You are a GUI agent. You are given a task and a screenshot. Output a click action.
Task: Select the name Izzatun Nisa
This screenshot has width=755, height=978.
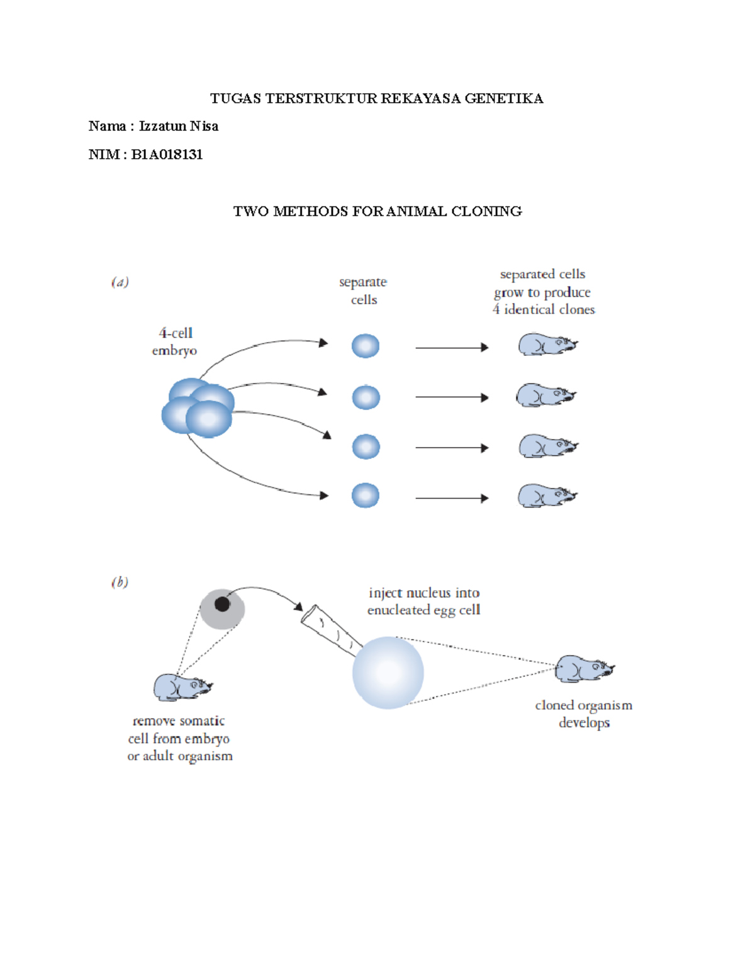click(179, 126)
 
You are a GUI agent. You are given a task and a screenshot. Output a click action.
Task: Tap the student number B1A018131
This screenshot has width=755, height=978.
click(167, 154)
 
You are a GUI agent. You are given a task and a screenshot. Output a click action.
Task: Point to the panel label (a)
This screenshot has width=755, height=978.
click(120, 282)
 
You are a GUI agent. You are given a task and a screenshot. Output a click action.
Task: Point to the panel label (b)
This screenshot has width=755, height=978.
click(120, 582)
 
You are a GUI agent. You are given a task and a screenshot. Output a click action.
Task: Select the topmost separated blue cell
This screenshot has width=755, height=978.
click(366, 346)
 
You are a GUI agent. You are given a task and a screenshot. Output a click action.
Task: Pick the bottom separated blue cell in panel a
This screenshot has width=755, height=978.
click(366, 496)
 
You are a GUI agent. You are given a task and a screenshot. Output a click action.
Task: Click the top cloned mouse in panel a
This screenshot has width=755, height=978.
click(546, 345)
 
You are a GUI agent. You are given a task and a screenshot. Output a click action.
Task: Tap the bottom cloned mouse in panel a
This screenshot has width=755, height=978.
click(546, 496)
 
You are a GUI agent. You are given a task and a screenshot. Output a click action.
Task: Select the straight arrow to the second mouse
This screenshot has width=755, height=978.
click(451, 397)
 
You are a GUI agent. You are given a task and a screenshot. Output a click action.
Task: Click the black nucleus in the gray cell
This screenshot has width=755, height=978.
click(222, 604)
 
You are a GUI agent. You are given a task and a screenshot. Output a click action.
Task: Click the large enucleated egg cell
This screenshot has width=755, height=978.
click(388, 673)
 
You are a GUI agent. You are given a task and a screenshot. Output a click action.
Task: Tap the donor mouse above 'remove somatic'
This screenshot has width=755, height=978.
click(182, 687)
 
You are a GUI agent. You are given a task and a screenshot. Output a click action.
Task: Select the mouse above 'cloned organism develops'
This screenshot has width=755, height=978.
click(583, 669)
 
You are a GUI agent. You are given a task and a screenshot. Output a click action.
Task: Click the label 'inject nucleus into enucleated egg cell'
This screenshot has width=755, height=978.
click(424, 601)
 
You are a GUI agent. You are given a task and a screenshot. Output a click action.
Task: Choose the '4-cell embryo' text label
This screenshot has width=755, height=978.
click(174, 341)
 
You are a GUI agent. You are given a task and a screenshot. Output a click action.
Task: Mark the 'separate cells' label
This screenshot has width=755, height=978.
click(363, 291)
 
